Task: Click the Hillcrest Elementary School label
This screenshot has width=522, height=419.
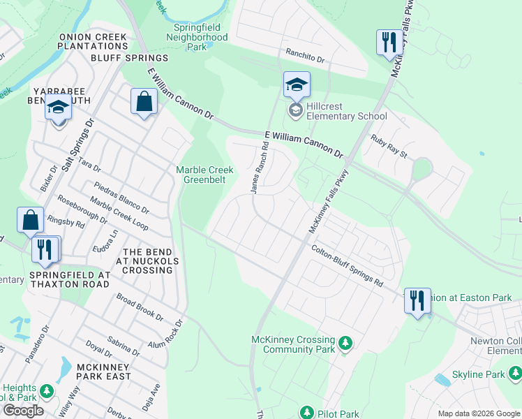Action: point(348,111)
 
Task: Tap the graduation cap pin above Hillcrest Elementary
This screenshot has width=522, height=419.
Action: point(297,86)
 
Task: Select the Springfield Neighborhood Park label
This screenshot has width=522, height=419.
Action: point(200,37)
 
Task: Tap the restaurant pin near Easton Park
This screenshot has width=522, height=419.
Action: point(417,301)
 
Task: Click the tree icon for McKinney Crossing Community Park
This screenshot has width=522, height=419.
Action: point(345,343)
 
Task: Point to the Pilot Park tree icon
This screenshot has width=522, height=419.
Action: point(306,413)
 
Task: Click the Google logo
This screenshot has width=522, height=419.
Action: point(23,411)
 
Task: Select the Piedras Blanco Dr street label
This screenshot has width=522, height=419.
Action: point(122,198)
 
